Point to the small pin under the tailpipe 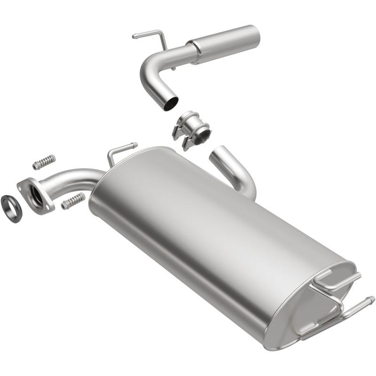(x=173, y=69)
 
